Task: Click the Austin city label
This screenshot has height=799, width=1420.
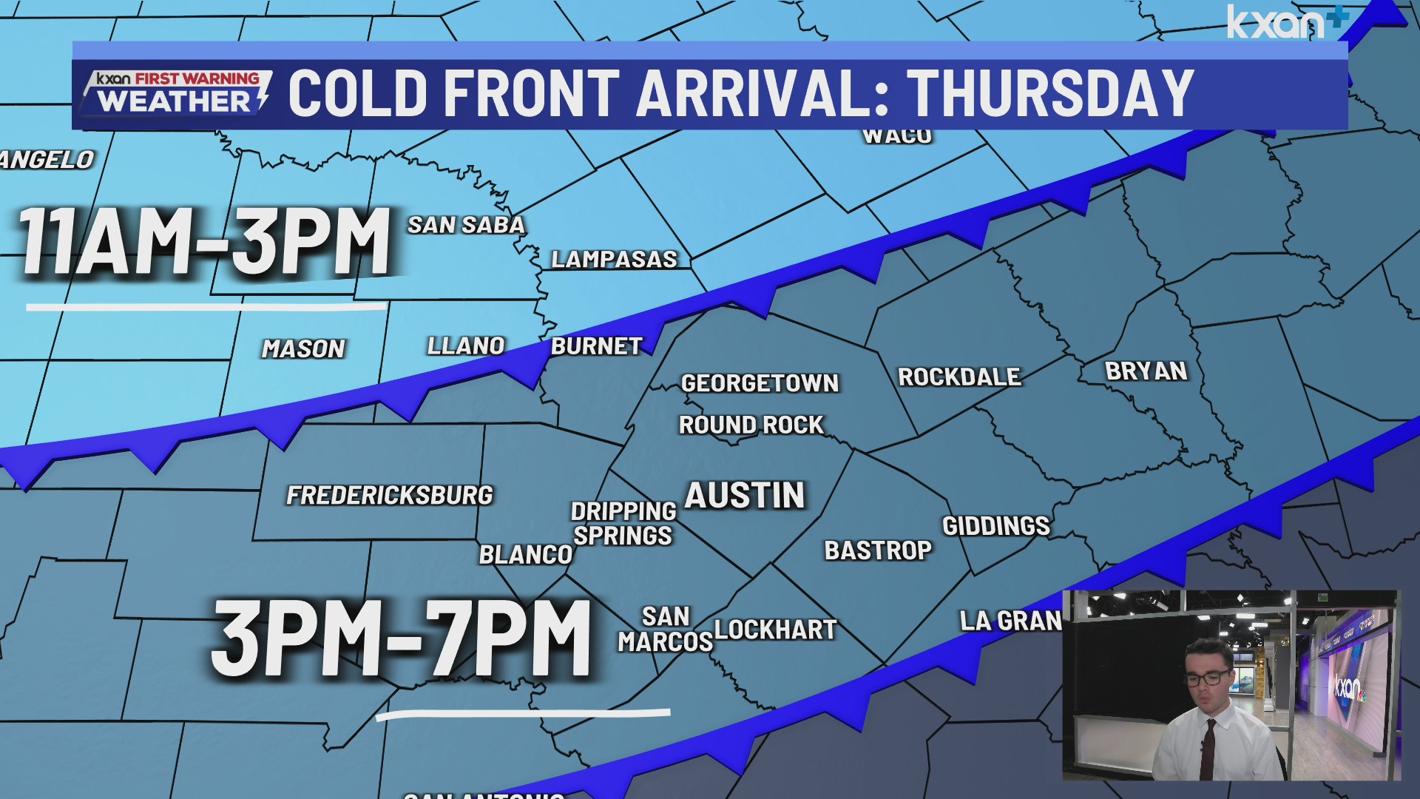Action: point(744,495)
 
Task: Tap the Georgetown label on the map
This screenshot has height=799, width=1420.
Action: point(760,383)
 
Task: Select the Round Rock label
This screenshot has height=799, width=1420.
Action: point(751,425)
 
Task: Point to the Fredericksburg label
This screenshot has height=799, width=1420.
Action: point(389,495)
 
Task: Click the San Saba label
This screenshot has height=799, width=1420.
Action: point(466,225)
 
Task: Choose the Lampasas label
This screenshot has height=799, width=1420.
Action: point(614,259)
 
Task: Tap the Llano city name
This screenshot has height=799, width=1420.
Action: point(466,345)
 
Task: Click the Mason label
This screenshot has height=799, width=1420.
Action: point(303,348)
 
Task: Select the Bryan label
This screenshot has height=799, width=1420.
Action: point(1146,371)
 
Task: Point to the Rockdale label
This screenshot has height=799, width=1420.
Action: point(959,377)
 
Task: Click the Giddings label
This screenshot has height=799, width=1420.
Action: point(995,526)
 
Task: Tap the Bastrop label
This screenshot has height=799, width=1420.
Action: point(878,550)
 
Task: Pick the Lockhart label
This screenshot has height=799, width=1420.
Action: point(775,630)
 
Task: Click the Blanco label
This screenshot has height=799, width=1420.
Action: point(525,554)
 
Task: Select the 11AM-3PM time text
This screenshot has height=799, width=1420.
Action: point(205,242)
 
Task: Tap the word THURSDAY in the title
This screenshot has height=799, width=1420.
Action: point(1050,94)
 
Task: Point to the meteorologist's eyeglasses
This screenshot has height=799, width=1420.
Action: point(1207,677)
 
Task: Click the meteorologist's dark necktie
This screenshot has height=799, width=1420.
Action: point(1208,747)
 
